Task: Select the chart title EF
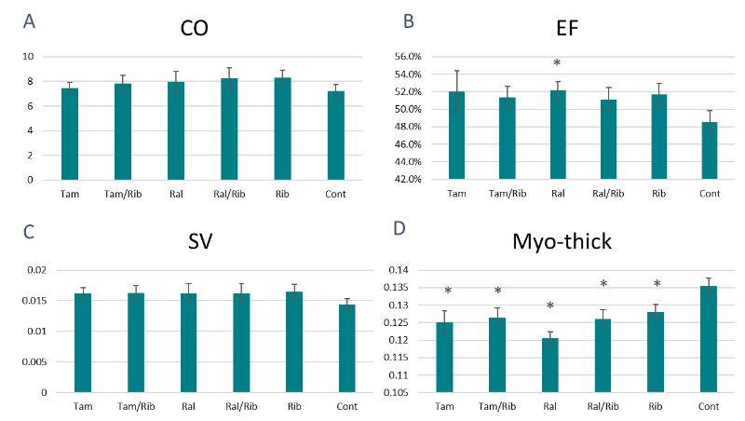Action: tap(567, 28)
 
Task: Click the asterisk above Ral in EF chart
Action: tap(557, 64)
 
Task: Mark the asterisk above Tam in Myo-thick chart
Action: tap(448, 292)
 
